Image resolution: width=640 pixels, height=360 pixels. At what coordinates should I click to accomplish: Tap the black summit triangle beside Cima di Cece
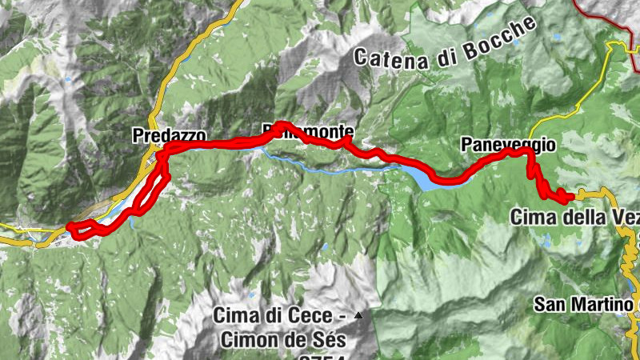pyautogui.click(x=358, y=315)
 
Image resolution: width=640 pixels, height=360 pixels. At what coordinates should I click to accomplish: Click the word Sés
pyautogui.click(x=329, y=339)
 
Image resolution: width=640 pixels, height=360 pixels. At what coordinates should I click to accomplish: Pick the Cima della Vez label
pyautogui.click(x=573, y=216)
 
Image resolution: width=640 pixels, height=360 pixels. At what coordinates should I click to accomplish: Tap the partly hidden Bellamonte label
pyautogui.click(x=308, y=131)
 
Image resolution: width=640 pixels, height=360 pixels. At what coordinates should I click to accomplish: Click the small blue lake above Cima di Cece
pyautogui.click(x=324, y=249)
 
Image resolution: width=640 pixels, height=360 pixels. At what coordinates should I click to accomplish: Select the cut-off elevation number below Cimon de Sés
pyautogui.click(x=320, y=356)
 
